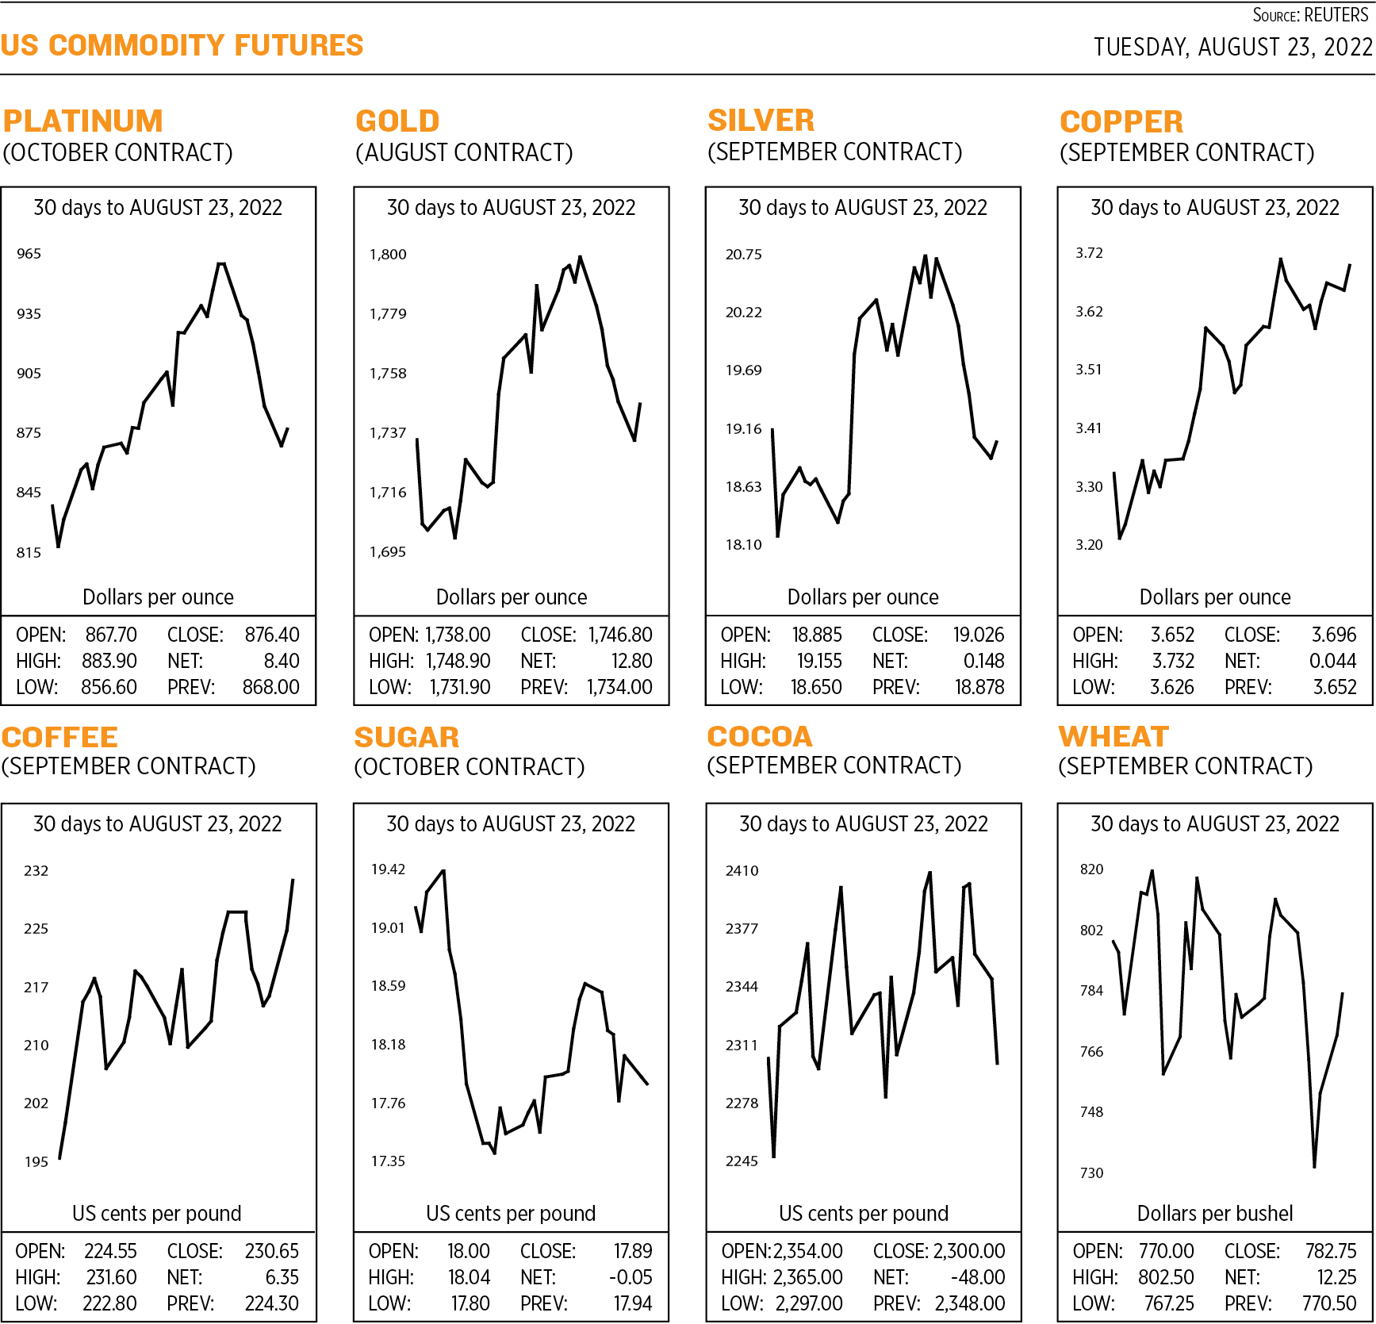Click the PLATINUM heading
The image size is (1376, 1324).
click(82, 121)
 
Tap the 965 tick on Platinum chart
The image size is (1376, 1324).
click(29, 254)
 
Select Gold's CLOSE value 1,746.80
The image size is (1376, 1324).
click(619, 635)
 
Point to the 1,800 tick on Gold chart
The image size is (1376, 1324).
click(388, 255)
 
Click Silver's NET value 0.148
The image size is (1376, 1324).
click(983, 661)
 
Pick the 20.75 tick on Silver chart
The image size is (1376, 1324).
click(743, 255)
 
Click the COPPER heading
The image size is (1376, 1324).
click(1121, 122)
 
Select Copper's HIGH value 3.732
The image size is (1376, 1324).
click(1172, 661)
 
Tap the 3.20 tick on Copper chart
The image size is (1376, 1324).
click(1089, 545)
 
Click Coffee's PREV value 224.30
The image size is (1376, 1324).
click(271, 1303)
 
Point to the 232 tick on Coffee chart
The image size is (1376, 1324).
click(36, 871)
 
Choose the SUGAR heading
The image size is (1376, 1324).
click(406, 738)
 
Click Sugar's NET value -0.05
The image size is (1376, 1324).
click(631, 1277)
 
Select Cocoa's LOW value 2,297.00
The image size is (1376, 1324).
click(809, 1303)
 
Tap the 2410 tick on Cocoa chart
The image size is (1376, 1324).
click(742, 871)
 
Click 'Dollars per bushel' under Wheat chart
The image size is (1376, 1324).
click(1214, 1213)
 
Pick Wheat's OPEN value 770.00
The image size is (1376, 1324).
click(1166, 1251)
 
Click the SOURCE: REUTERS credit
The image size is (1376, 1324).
click(1309, 15)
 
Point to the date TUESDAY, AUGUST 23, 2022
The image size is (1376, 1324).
click(1232, 48)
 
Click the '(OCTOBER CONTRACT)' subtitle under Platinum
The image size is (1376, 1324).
click(118, 152)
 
